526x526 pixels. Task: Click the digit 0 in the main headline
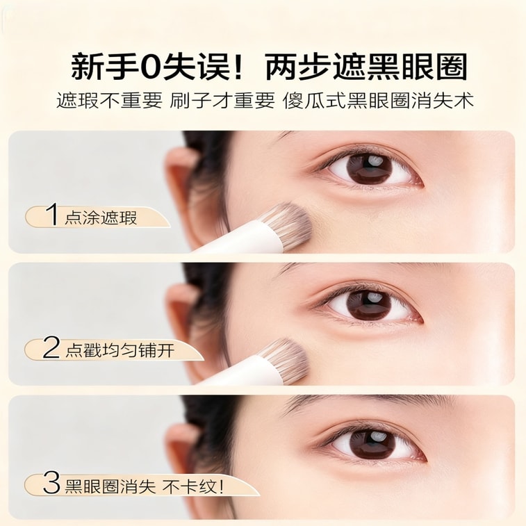tap(152, 67)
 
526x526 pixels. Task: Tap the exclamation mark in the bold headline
tap(238, 67)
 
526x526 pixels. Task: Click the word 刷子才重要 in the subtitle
tap(222, 101)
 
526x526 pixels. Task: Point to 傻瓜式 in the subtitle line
tap(314, 101)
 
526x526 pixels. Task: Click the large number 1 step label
tap(52, 215)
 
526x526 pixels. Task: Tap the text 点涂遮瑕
tap(101, 217)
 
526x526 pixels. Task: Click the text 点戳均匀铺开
tap(120, 350)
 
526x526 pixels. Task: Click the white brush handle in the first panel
tap(243, 238)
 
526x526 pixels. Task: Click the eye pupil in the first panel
tap(369, 168)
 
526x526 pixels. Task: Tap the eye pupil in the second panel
tap(369, 304)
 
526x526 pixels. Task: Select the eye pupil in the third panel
tap(372, 445)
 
